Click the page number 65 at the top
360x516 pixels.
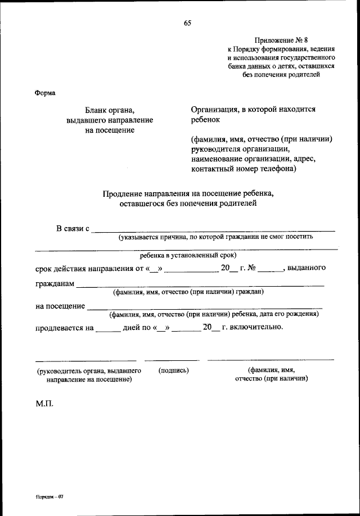pyautogui.click(x=187, y=23)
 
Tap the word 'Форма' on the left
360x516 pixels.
pyautogui.click(x=45, y=93)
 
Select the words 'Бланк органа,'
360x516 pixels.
pyautogui.click(x=109, y=111)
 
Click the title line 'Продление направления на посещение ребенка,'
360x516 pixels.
pyautogui.click(x=188, y=194)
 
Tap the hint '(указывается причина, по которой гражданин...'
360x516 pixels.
pyautogui.click(x=215, y=237)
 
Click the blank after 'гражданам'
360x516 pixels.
pyautogui.click(x=200, y=286)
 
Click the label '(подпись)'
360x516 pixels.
pyautogui.click(x=174, y=370)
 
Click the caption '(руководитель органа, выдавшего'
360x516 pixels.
pyautogui.click(x=89, y=371)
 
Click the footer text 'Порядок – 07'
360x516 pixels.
pyautogui.click(x=51, y=498)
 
